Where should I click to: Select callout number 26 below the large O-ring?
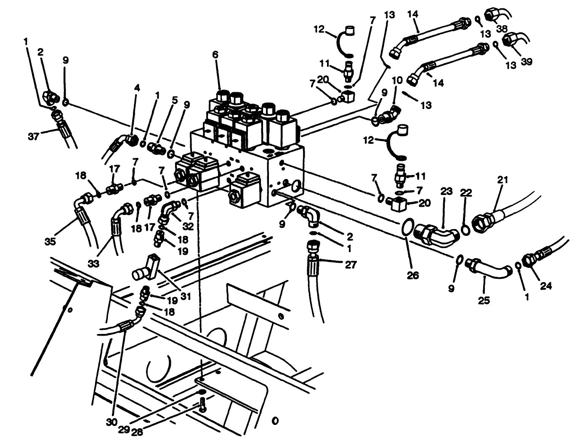(413, 275)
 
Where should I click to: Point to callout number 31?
(186, 296)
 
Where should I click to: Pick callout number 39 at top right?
(526, 61)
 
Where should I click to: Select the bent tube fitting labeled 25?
(488, 268)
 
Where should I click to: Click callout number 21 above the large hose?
(502, 180)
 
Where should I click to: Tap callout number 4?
(137, 88)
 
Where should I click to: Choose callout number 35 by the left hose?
(51, 242)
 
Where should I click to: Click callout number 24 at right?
(545, 286)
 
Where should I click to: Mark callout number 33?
(93, 264)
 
